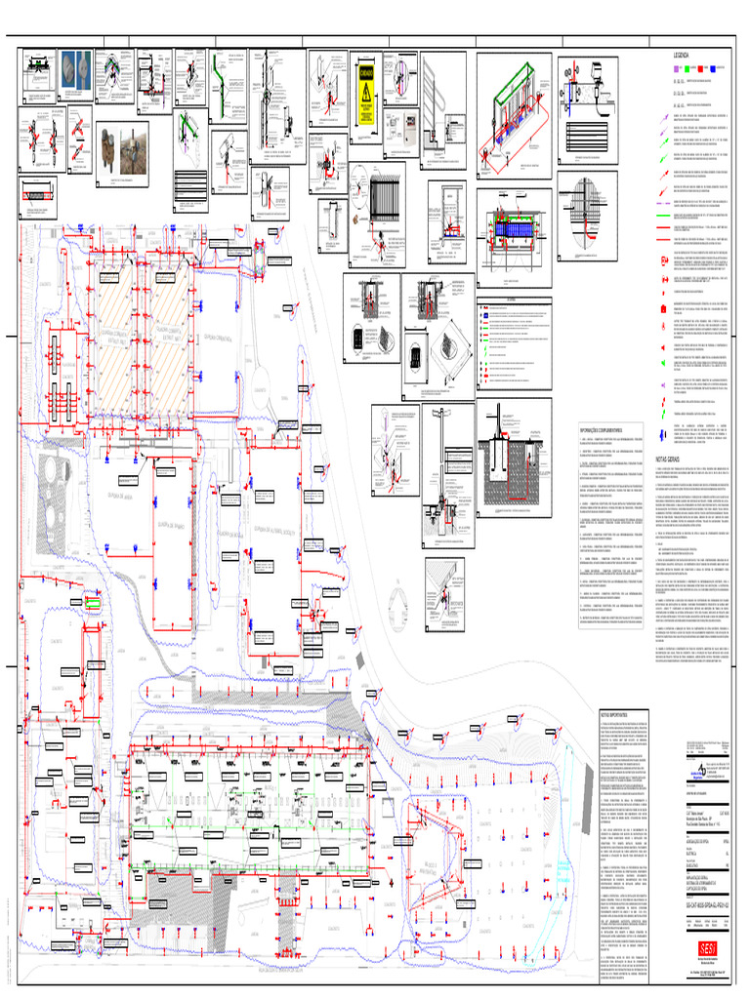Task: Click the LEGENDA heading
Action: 683,57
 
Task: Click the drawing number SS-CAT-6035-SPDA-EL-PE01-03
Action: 698,904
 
